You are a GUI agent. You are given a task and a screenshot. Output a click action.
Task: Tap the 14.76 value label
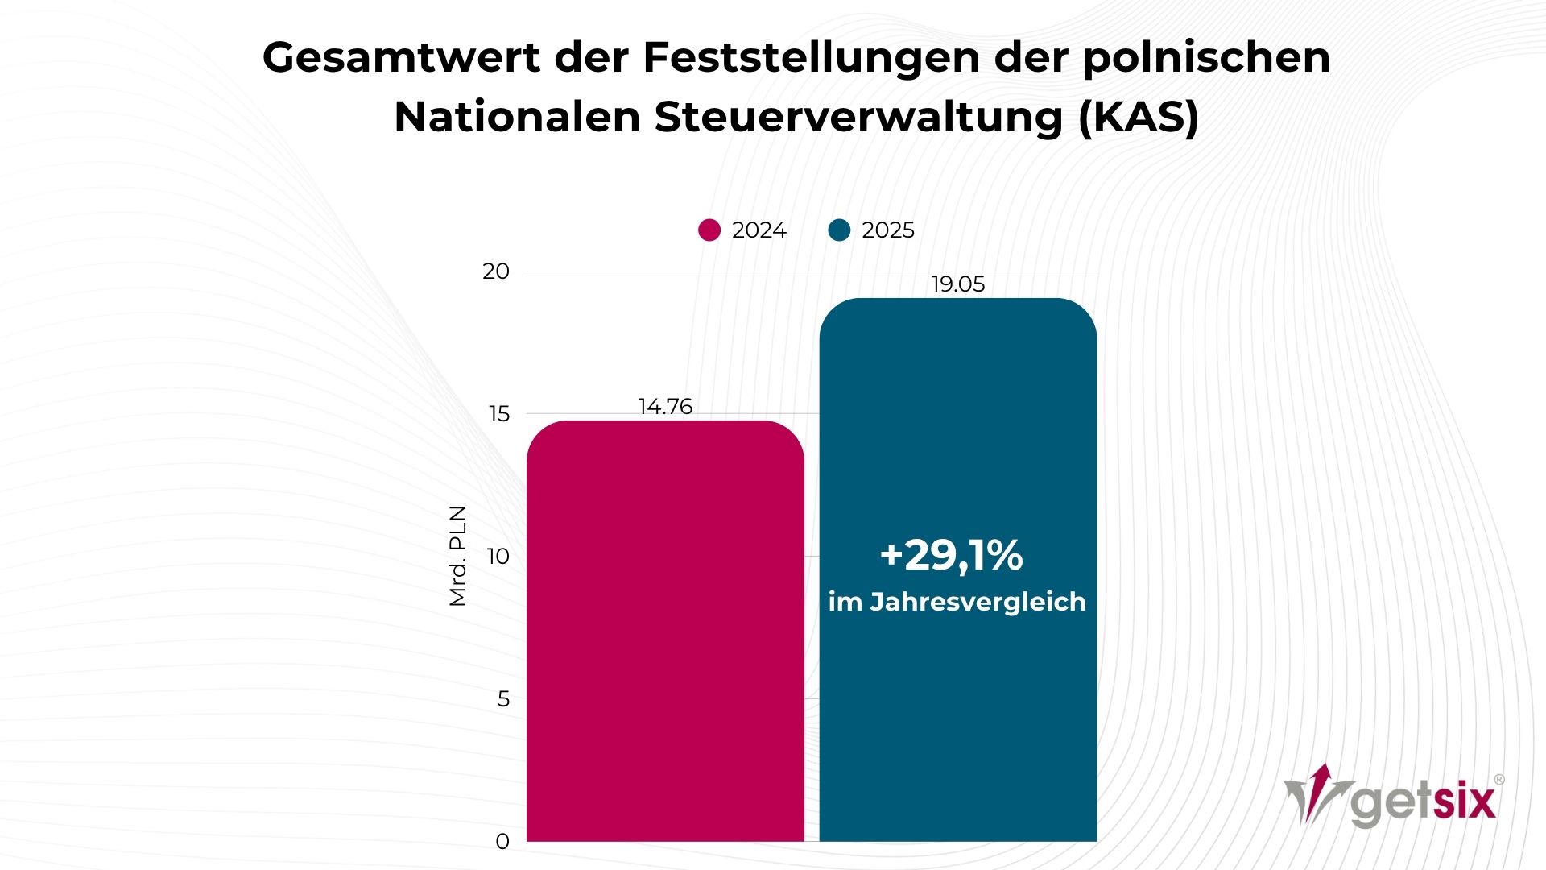click(x=665, y=406)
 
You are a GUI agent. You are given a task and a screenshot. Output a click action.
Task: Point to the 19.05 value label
click(x=957, y=284)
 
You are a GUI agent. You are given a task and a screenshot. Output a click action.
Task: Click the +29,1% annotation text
click(x=951, y=556)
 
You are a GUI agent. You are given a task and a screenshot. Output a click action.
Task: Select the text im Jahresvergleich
click(x=957, y=602)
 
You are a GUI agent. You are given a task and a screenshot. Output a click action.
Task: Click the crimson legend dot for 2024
click(x=709, y=230)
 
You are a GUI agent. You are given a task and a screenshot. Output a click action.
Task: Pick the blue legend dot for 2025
click(x=839, y=230)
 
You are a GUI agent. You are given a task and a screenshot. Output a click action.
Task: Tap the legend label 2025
click(x=887, y=230)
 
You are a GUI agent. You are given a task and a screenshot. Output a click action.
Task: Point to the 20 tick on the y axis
click(x=496, y=271)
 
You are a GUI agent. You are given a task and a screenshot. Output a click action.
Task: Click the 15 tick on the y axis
click(x=498, y=414)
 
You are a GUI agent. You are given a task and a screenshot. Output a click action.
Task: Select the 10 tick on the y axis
click(x=498, y=557)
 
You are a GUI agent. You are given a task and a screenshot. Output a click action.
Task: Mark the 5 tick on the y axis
click(x=503, y=699)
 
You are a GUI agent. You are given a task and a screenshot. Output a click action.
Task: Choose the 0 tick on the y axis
click(x=502, y=842)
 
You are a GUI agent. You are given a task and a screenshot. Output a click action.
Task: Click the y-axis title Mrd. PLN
click(x=457, y=556)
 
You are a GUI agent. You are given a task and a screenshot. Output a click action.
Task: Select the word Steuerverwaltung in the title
click(x=858, y=118)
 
